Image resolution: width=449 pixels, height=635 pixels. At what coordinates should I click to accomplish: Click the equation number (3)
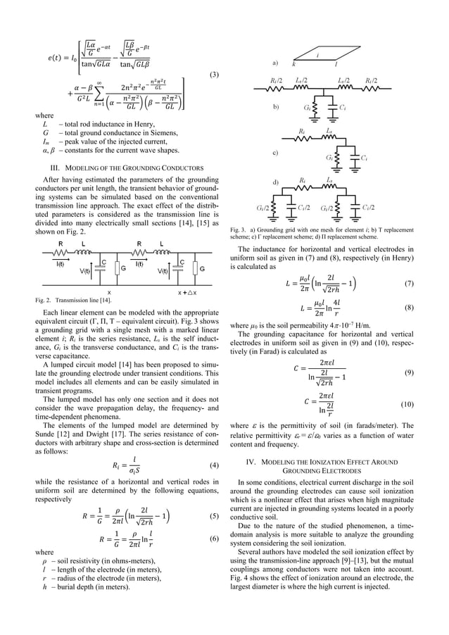215,74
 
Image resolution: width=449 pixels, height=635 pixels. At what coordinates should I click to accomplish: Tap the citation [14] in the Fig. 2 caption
99,301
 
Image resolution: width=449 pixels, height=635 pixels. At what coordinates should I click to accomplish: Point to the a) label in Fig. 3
272,63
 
